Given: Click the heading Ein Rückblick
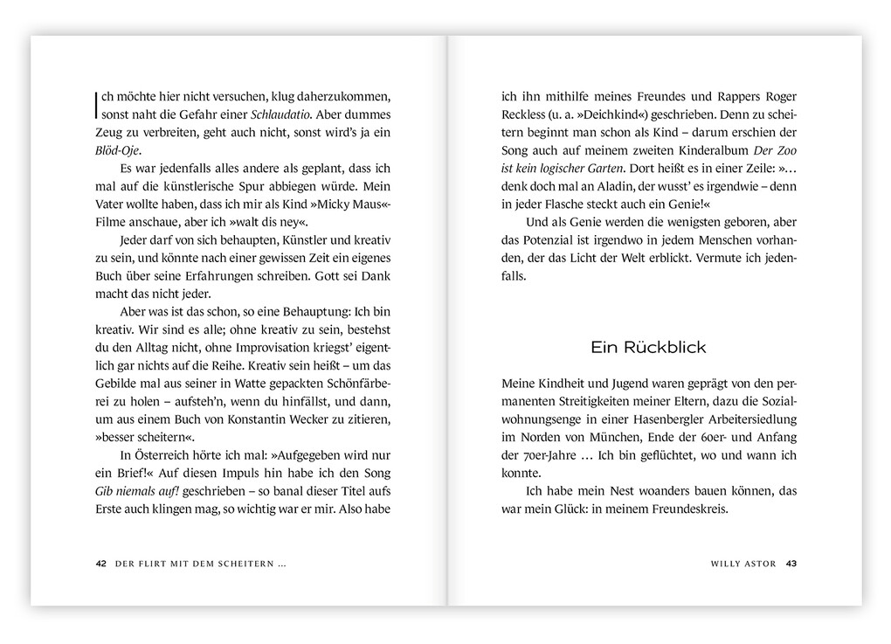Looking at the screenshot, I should pyautogui.click(x=648, y=347).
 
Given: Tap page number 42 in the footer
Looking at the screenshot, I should pyautogui.click(x=100, y=564).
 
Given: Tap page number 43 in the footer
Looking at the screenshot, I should pyautogui.click(x=791, y=564).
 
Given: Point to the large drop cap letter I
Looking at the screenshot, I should pyautogui.click(x=96, y=105).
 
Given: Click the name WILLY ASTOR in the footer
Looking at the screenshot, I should pyautogui.click(x=744, y=564).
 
